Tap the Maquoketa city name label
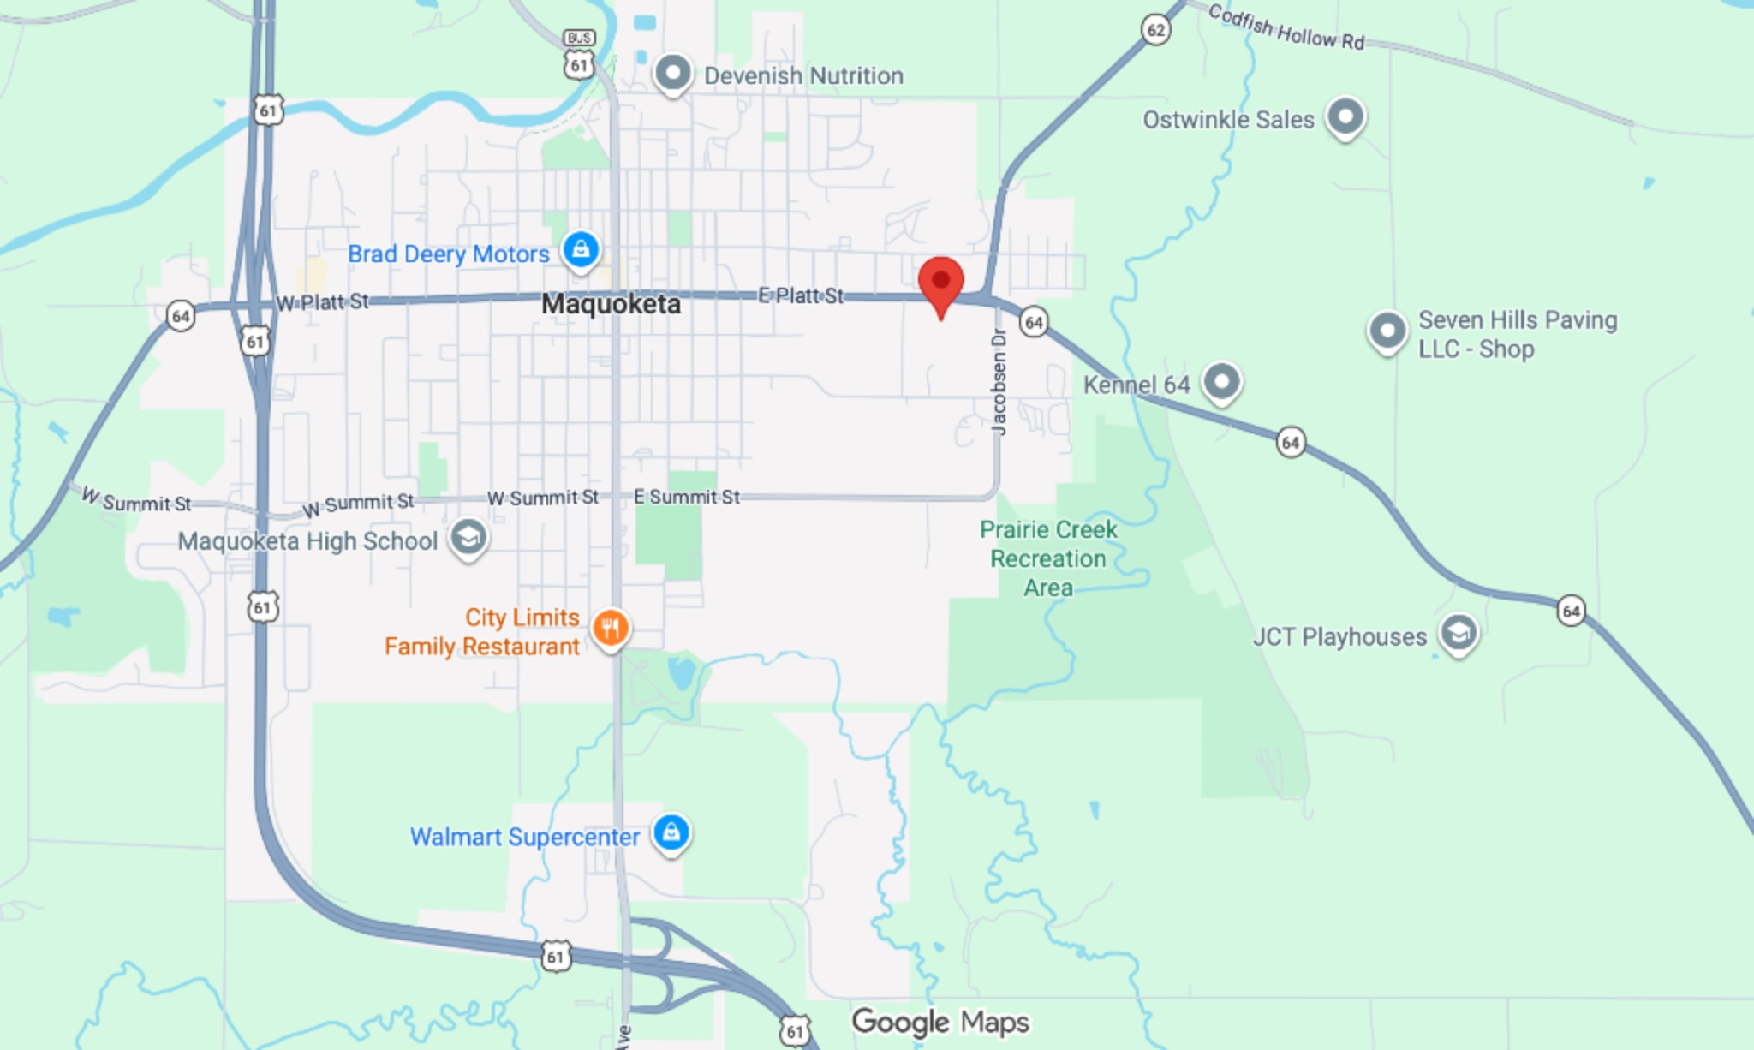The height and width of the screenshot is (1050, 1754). coord(611,304)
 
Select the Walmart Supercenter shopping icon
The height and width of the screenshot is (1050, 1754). coord(671,832)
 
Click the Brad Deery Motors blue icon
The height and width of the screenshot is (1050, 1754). coord(581,250)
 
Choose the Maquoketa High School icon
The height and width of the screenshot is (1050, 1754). coord(468,538)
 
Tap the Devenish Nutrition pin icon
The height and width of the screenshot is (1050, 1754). coord(673,74)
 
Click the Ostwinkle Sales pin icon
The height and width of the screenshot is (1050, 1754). coord(1345,116)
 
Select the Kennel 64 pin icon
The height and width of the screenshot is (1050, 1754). coord(1221,382)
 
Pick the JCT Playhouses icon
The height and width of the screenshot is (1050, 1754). coord(1458,634)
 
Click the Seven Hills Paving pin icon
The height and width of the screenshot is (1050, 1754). coord(1387,331)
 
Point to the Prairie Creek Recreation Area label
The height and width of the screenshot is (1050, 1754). coord(1048,558)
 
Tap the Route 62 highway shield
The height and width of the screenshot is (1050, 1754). coord(1155,31)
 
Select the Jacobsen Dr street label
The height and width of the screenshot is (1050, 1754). coord(999,382)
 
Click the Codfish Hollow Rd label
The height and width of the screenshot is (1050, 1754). coord(1286,27)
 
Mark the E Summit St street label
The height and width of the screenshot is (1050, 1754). coord(686,497)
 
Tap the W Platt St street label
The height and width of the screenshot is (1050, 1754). coord(322,302)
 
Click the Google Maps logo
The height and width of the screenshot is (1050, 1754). coord(940,1022)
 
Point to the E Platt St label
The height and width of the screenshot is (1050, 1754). coord(801,295)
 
